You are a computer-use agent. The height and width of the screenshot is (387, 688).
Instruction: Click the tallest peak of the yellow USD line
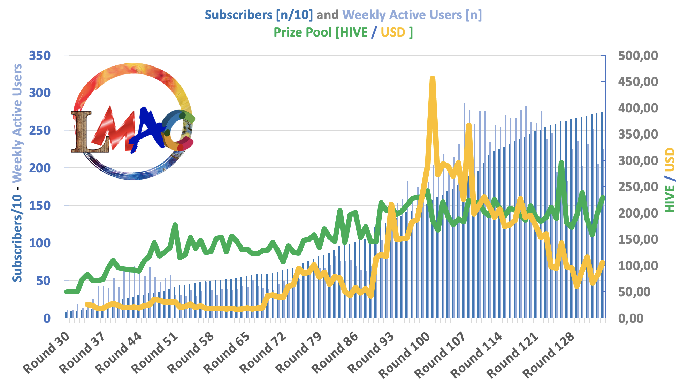click(x=432, y=79)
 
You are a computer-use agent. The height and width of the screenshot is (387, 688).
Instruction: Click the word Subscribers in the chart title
click(x=238, y=15)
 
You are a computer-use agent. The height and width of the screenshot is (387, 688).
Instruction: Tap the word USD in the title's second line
click(x=393, y=32)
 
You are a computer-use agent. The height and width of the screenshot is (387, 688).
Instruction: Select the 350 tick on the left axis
click(x=40, y=56)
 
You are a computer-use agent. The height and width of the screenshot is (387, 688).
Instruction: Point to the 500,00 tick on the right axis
click(x=638, y=56)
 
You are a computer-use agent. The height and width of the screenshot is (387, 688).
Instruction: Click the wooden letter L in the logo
click(x=82, y=132)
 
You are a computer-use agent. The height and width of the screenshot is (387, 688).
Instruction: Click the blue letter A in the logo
click(x=146, y=129)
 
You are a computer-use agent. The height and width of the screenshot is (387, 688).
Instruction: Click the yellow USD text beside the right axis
click(x=670, y=160)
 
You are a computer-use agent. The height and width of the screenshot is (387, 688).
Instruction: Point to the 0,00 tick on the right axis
click(x=631, y=318)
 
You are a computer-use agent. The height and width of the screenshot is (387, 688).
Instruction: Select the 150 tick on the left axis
click(x=40, y=206)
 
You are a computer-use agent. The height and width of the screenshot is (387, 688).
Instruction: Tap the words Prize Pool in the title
click(x=302, y=32)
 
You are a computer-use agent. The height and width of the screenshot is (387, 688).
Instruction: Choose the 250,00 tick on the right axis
click(x=638, y=187)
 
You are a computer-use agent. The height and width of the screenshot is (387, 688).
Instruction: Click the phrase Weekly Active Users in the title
click(x=402, y=15)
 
